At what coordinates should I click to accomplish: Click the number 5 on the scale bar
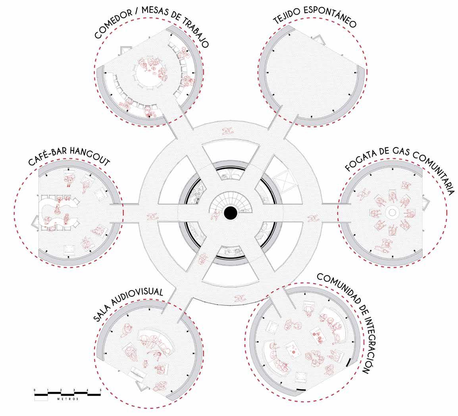100,390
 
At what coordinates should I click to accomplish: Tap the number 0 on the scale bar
35,390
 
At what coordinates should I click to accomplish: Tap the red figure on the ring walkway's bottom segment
239,298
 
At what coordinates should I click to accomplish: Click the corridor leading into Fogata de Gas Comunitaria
329,210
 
